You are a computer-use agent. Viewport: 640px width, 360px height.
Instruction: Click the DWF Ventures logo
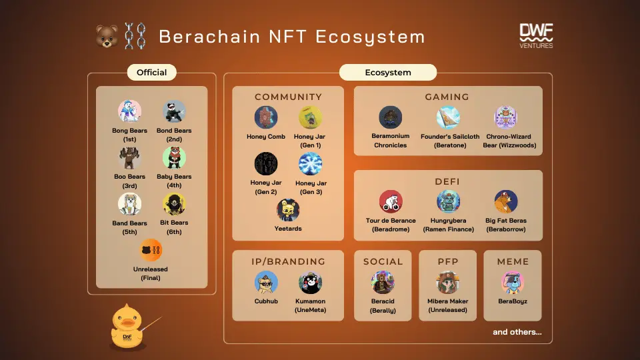(536, 36)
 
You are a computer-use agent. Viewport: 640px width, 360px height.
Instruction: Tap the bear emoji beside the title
(107, 36)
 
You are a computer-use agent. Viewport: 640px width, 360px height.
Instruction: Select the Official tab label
(151, 72)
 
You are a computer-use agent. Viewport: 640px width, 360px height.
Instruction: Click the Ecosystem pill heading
(388, 72)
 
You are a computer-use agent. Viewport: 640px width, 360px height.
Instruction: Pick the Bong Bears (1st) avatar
(129, 111)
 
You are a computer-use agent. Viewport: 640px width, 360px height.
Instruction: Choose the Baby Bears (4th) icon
(174, 157)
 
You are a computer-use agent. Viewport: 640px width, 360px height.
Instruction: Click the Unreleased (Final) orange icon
(151, 250)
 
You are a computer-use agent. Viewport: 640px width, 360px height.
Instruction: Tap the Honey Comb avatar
(266, 117)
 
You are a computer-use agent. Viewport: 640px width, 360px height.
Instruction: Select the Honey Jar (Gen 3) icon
(310, 164)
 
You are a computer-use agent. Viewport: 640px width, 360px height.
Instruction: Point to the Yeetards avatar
(288, 210)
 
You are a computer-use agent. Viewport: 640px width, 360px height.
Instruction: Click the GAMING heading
(447, 97)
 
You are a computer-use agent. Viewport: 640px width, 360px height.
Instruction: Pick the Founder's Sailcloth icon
(448, 117)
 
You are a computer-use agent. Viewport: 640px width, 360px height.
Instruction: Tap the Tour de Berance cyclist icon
(391, 201)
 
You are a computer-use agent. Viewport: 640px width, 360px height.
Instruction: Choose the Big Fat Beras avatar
(506, 201)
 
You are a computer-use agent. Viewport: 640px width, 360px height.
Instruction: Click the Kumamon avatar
(310, 283)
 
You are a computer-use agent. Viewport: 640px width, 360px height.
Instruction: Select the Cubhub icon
(266, 283)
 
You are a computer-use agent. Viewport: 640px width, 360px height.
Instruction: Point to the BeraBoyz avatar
(513, 283)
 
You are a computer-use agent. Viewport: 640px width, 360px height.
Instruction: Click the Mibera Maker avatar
(448, 283)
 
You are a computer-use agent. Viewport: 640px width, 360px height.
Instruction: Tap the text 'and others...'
(517, 332)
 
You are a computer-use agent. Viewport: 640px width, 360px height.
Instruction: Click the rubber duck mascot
(127, 327)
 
